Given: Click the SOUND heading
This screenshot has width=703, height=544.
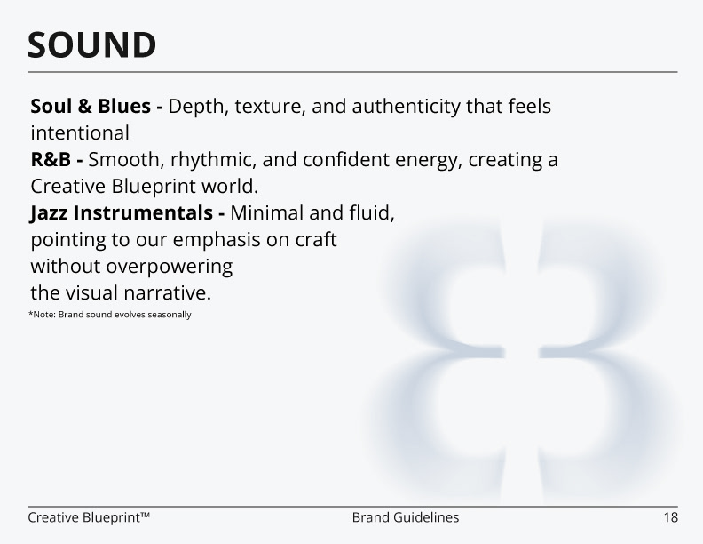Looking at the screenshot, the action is coord(92,44).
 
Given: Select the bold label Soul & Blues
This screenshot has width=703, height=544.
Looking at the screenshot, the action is coord(91,107).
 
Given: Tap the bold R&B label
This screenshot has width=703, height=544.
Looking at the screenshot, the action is coord(51,160).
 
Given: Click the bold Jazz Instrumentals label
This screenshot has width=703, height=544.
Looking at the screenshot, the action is coord(122,212).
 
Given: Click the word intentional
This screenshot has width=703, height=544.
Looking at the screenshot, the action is coord(80,133).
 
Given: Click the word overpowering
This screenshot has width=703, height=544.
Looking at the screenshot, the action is coord(169,267).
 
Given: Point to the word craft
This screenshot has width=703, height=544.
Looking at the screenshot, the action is coord(316,240).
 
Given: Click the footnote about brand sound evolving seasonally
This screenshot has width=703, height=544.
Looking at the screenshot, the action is coord(110,315).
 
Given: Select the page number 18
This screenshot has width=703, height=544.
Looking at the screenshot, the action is coord(671,517).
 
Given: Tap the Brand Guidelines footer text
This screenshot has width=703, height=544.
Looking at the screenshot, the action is coord(406,517).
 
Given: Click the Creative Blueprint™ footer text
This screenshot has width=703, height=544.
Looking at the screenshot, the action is coord(89,517).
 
